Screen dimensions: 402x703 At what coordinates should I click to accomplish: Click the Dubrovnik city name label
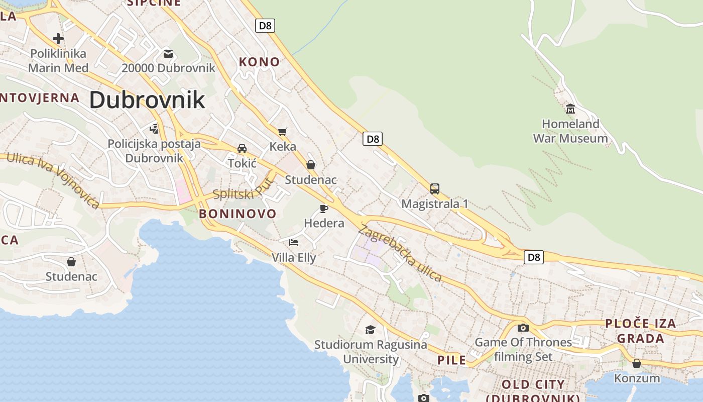[x=147, y=100]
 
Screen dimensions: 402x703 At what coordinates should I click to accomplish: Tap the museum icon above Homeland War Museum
[x=570, y=109]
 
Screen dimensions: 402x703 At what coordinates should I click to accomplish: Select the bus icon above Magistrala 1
[x=435, y=189]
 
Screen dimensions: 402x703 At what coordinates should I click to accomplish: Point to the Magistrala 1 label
[x=435, y=204]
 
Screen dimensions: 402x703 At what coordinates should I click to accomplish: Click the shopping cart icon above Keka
[x=283, y=132]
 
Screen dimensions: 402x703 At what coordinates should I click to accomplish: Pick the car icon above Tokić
[x=242, y=148]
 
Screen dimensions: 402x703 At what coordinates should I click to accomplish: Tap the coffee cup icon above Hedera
[x=324, y=209]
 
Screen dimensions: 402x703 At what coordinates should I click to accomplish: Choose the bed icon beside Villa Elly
[x=294, y=242]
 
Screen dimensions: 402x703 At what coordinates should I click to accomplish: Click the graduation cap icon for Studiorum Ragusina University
[x=370, y=330]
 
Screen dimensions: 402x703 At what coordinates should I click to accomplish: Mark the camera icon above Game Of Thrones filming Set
[x=523, y=328]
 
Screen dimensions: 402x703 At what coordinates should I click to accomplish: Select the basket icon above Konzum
[x=637, y=363]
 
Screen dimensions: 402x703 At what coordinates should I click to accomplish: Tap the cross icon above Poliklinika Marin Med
[x=58, y=38]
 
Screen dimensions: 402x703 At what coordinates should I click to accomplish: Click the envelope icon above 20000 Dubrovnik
[x=168, y=53]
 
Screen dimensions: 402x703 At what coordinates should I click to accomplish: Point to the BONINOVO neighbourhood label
[x=238, y=214]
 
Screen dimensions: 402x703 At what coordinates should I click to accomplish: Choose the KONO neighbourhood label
[x=259, y=62]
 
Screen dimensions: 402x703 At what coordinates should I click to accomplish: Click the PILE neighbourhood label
[x=451, y=360]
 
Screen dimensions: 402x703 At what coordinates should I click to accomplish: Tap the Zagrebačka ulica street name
[x=400, y=253]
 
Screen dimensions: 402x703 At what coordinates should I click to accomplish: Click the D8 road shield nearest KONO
[x=265, y=26]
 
